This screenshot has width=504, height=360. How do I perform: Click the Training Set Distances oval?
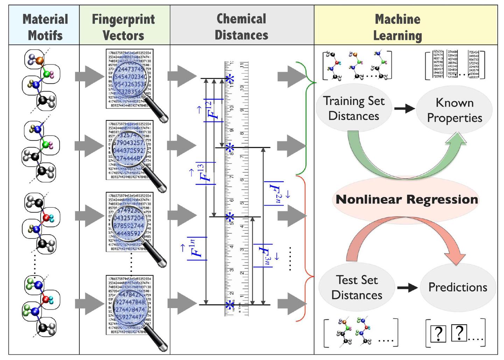(353, 108)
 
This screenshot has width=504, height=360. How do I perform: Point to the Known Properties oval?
(454, 110)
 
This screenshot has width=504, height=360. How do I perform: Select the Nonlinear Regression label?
(407, 199)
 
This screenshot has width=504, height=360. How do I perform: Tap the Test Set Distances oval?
(357, 287)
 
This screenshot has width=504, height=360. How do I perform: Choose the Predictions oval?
(458, 287)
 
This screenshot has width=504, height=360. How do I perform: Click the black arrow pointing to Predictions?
(407, 288)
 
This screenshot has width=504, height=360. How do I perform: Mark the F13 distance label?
(206, 173)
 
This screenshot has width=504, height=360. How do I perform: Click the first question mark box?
(437, 333)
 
